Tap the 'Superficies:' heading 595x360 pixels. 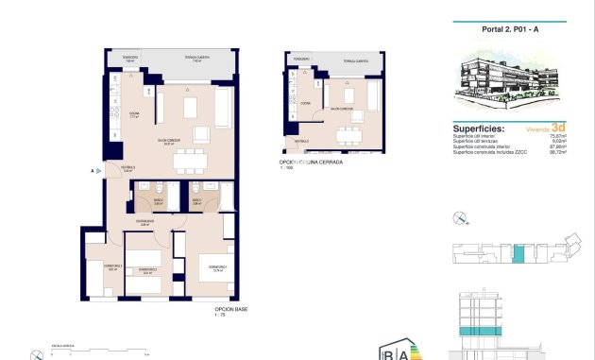[x=479, y=128]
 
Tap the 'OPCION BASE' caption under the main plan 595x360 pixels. [x=232, y=309]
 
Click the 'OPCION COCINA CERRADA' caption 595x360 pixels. [x=311, y=163]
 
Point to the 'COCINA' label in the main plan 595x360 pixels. [x=134, y=114]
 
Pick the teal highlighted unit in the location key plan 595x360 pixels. [x=518, y=254]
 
